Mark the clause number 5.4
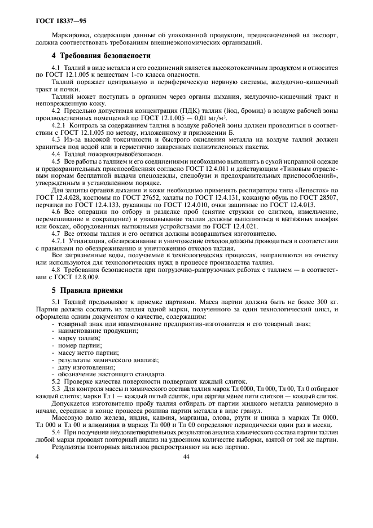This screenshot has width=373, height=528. pos(56,431)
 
